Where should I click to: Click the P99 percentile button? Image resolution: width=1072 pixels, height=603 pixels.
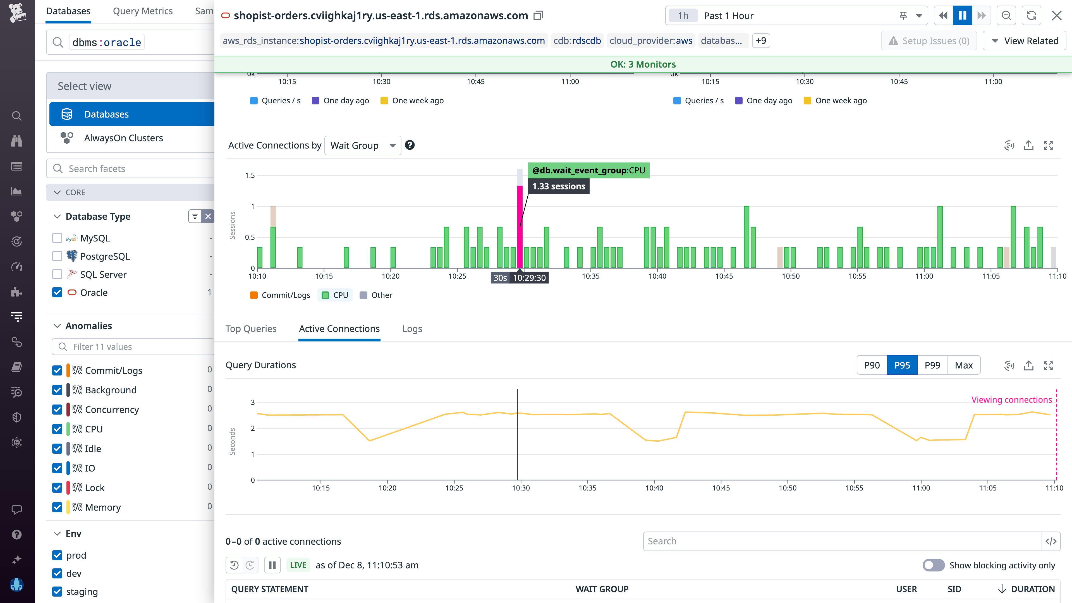click(x=932, y=365)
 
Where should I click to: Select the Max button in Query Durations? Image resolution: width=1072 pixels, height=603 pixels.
click(x=963, y=365)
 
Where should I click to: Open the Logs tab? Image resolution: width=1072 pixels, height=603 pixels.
click(x=412, y=329)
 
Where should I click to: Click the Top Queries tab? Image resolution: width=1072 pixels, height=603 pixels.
click(x=251, y=329)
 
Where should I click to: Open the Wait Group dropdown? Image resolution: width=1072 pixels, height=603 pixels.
click(x=362, y=145)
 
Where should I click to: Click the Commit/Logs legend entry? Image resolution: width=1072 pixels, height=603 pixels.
click(x=281, y=295)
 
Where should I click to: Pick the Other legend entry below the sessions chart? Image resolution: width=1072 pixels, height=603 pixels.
click(x=376, y=295)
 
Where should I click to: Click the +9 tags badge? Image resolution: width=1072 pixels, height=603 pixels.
click(x=761, y=41)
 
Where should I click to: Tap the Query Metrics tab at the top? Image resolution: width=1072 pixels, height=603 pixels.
click(x=143, y=11)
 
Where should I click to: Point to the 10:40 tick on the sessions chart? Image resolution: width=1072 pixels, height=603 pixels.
click(x=657, y=276)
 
